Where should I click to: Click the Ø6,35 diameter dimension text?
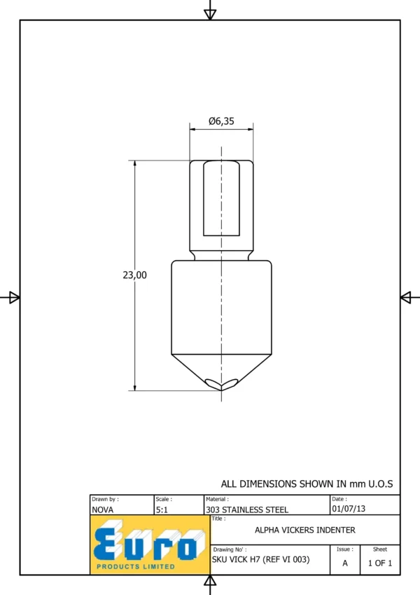[221, 121]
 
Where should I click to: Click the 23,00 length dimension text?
[134, 275]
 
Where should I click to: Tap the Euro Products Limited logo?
[150, 545]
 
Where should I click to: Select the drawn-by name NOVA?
[102, 509]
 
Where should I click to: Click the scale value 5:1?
[162, 509]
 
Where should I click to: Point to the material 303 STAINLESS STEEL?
[247, 509]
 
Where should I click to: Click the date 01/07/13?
[349, 509]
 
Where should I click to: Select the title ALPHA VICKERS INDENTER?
[305, 530]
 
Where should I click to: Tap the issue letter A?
[345, 563]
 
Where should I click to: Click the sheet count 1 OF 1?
[380, 563]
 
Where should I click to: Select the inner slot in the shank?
[221, 198]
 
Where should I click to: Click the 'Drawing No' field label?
[230, 549]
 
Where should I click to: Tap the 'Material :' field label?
[217, 499]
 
